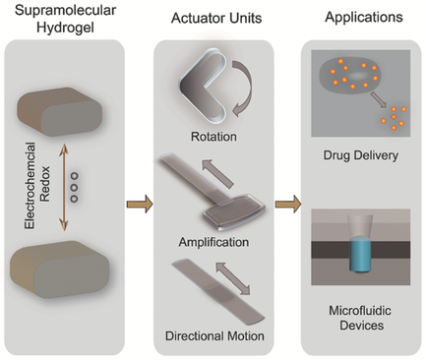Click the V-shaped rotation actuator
tap(200, 90)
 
